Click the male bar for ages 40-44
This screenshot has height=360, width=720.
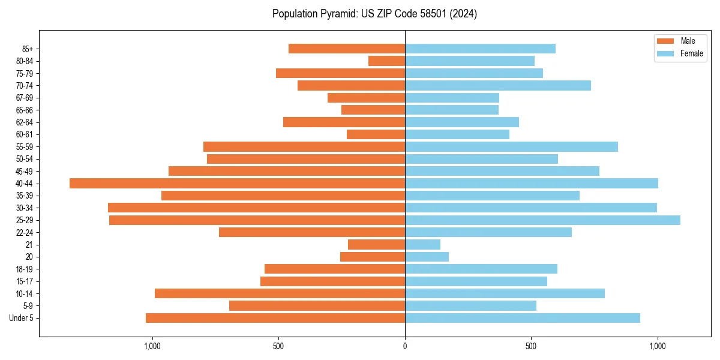pos(237,184)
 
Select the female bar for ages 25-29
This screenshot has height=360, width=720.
pos(542,220)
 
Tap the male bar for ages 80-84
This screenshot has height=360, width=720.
pos(386,61)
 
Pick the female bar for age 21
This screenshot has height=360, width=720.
pos(422,245)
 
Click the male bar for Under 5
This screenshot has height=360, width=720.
pos(275,318)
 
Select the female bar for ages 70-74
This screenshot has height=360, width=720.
pos(498,86)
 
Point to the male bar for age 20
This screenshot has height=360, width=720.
pos(373,257)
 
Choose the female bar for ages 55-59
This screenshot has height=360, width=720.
pos(511,147)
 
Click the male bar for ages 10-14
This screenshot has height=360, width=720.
pos(280,293)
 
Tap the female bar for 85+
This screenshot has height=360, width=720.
pos(480,49)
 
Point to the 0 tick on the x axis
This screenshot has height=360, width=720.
pos(405,346)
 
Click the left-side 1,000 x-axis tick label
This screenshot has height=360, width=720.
pos(152,346)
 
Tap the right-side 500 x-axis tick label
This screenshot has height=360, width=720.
pos(531,346)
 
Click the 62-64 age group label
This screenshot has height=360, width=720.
pos(25,122)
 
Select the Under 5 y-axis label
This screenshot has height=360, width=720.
pos(22,318)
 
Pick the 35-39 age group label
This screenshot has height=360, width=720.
pos(25,196)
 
